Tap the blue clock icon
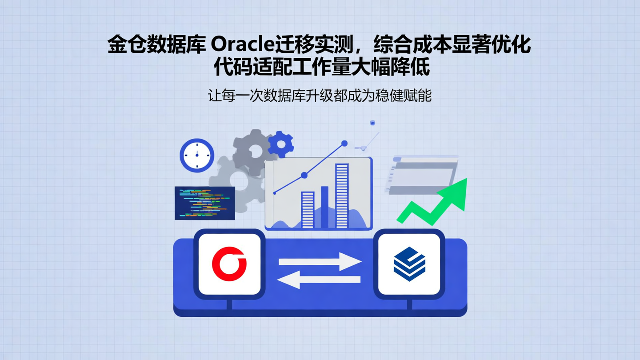tap(197, 155)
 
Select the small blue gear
tap(281, 144)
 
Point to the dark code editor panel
tap(204, 203)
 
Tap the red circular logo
tap(229, 264)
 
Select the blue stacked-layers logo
tap(409, 264)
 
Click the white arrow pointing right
tap(320, 262)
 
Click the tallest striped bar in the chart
tap(342, 196)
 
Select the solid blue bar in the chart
tap(324, 207)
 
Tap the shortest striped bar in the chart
tap(308, 210)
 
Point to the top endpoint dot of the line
tap(344, 144)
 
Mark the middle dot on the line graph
tap(304, 175)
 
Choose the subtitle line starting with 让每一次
tap(320, 96)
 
